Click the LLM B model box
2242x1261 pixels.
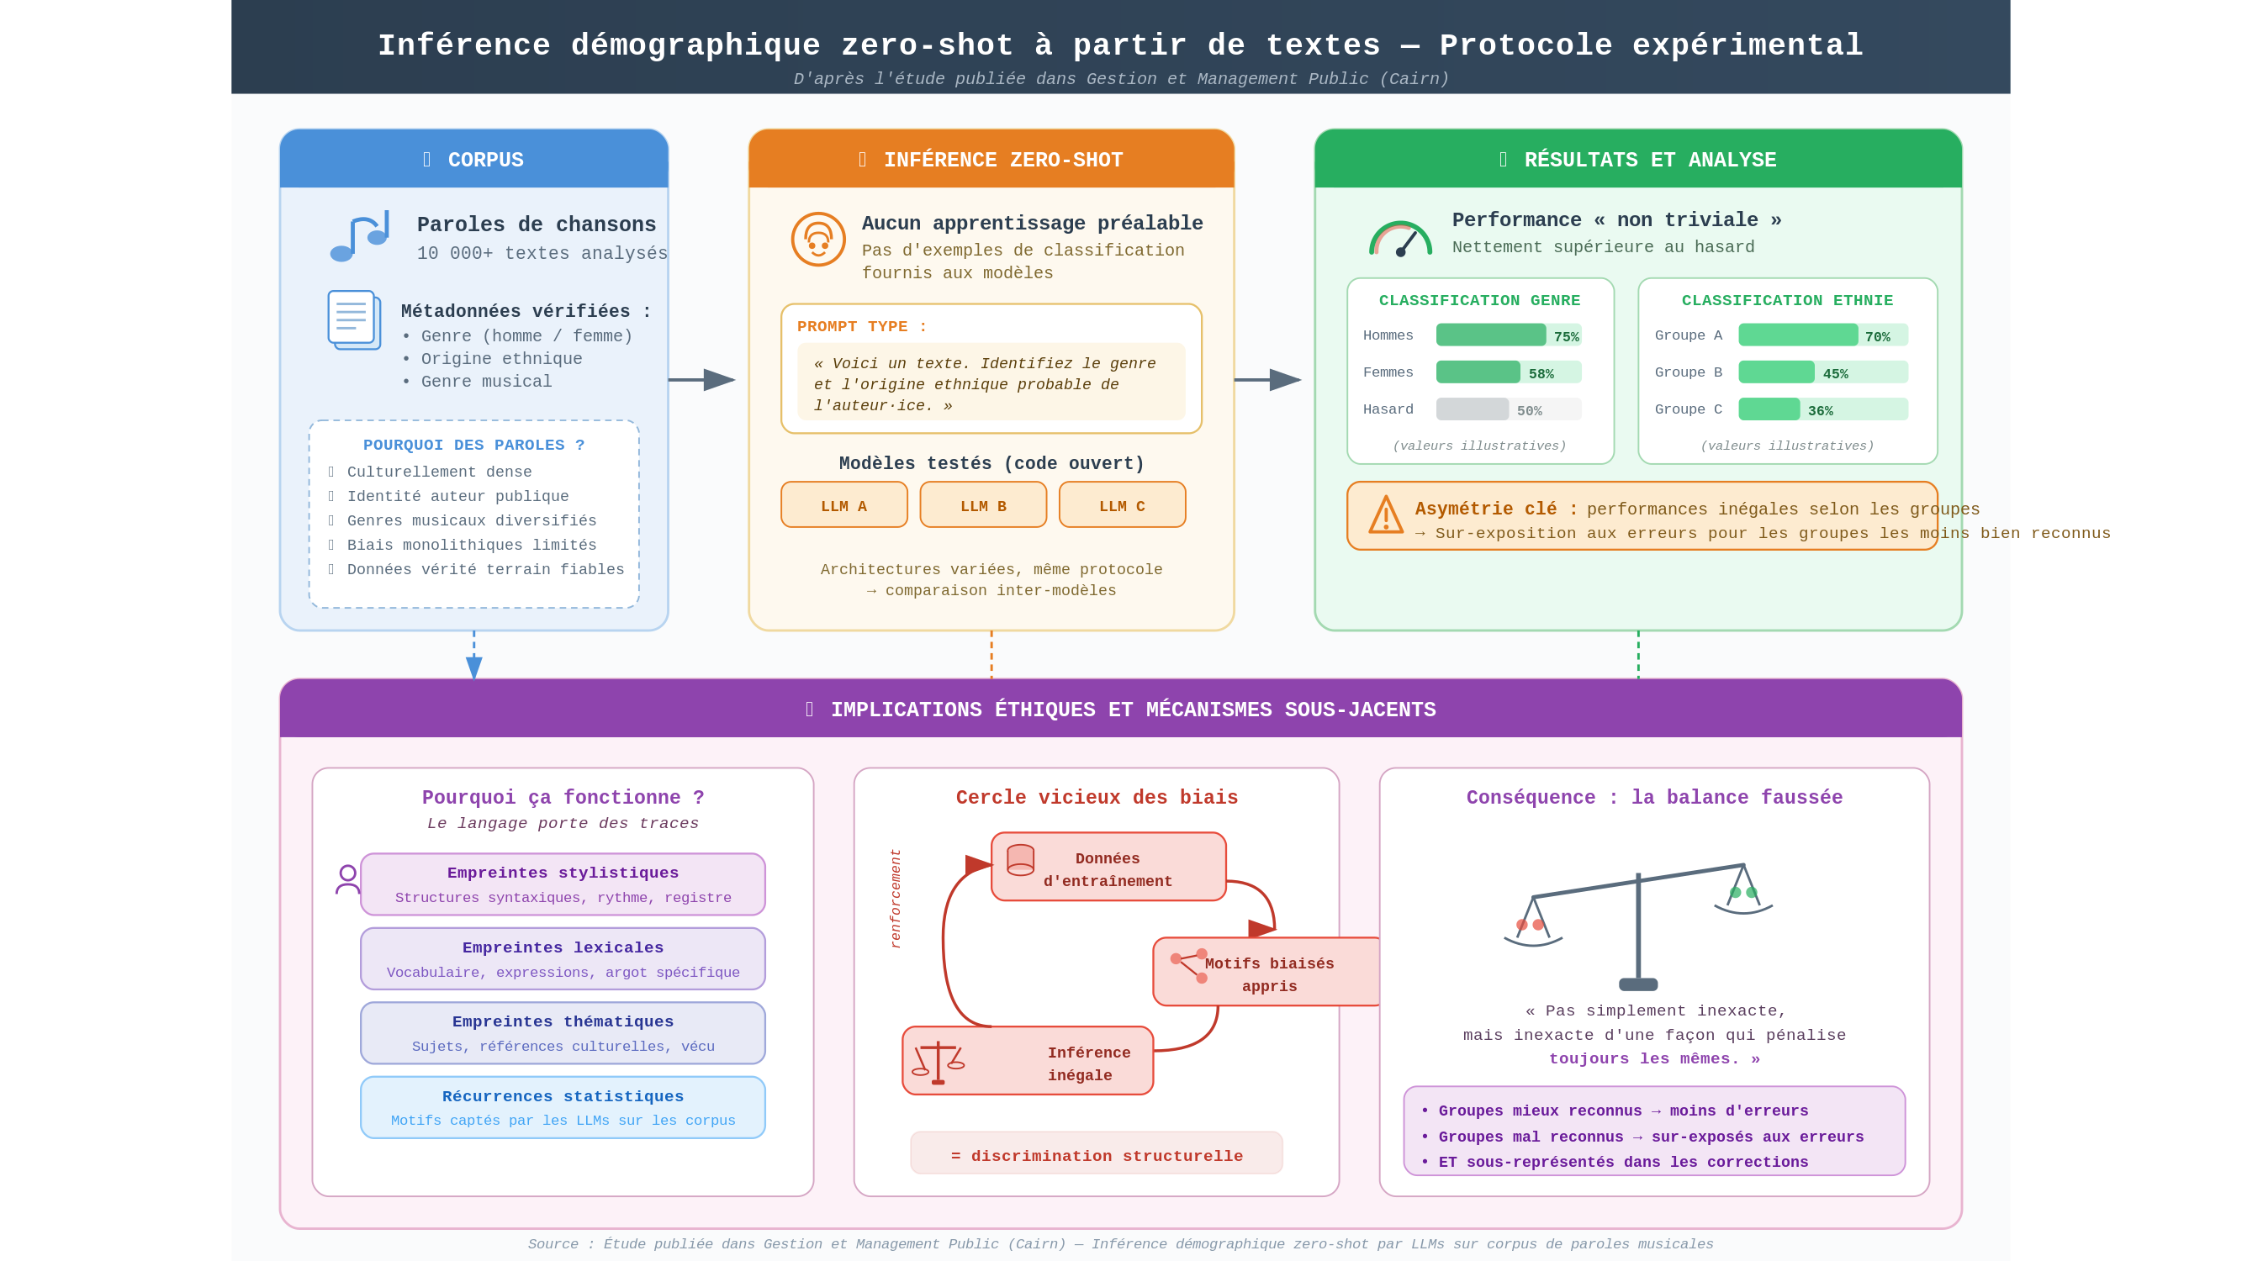point(982,504)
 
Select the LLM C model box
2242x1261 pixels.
point(1122,504)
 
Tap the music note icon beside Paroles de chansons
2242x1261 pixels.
point(359,237)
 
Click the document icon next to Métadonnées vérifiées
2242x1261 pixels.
point(354,319)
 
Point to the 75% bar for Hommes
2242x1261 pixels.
point(1490,335)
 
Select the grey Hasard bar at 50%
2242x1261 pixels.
point(1472,409)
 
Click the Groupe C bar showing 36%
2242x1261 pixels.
point(1769,409)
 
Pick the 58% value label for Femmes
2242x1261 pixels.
point(1541,373)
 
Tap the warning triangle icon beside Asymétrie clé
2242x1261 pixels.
point(1386,514)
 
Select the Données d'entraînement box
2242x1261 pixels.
point(1108,867)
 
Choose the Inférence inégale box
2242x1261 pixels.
point(1027,1061)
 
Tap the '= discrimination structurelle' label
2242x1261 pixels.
point(1096,1154)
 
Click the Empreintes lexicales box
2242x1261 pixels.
point(563,958)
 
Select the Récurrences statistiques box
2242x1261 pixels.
point(563,1107)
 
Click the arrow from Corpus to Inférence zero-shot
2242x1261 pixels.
point(701,379)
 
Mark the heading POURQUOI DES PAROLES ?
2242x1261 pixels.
point(473,445)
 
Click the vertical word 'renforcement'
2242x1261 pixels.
point(896,898)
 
